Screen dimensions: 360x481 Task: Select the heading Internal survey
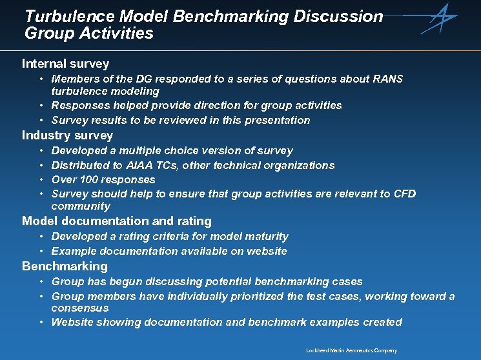click(x=65, y=63)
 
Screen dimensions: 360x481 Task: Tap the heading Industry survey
click(x=67, y=135)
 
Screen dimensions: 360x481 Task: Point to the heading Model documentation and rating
click(x=117, y=221)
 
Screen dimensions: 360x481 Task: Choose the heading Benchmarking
click(x=65, y=266)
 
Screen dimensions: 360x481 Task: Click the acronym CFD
click(x=405, y=194)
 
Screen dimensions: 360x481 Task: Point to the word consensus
click(x=80, y=308)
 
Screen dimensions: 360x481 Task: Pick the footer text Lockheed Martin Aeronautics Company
click(x=351, y=350)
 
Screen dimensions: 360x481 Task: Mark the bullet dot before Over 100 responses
click(x=41, y=179)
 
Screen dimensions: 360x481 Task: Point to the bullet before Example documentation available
click(x=41, y=251)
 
